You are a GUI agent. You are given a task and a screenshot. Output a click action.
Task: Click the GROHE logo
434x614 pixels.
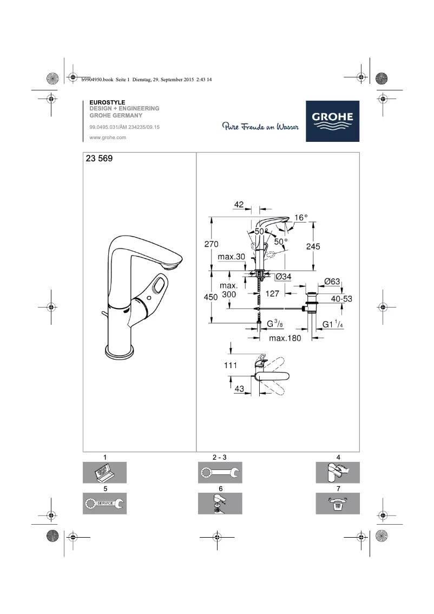(x=332, y=121)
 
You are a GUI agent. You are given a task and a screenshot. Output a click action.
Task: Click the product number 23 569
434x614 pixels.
(x=98, y=160)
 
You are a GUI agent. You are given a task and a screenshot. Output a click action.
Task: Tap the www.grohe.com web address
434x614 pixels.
(x=107, y=138)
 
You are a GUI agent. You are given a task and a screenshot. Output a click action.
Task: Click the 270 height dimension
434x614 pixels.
(x=211, y=245)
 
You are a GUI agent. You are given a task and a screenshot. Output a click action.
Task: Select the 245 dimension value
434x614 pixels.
(x=313, y=246)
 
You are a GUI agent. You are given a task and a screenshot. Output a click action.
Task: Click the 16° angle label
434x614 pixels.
(x=300, y=218)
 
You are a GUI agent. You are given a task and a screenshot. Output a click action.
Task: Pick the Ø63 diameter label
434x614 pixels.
(x=331, y=281)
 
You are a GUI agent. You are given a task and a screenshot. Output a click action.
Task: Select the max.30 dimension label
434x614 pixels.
(x=231, y=257)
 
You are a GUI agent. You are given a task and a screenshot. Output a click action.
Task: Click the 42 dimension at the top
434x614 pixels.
(x=239, y=205)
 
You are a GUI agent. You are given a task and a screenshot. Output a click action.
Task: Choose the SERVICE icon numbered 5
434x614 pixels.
(x=104, y=503)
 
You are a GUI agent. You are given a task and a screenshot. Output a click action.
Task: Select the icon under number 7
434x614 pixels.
(x=338, y=504)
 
